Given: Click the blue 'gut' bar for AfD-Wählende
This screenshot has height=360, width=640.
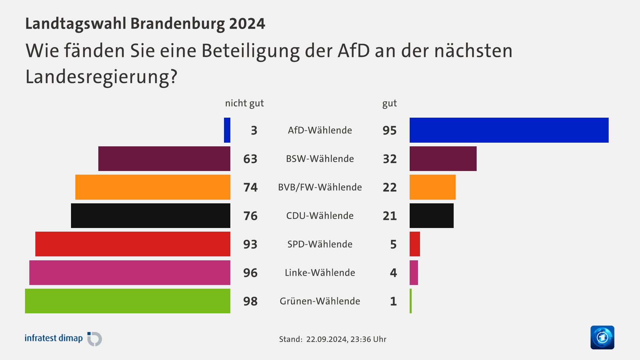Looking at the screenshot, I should (509, 130).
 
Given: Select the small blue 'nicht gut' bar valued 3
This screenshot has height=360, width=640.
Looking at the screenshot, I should (227, 130).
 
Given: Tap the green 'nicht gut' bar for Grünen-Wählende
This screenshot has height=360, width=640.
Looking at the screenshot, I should (128, 301).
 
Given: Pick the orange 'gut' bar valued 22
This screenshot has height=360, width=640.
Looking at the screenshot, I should (432, 187).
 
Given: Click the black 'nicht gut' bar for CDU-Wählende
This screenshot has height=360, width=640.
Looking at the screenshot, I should (151, 216).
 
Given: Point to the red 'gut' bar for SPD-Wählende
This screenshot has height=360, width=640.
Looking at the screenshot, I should (415, 244).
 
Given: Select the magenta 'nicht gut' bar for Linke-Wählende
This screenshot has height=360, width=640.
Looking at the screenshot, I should (130, 273).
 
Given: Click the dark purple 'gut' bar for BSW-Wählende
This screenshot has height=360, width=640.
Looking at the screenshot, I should (443, 159).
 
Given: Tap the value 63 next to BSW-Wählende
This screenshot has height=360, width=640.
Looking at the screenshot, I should (250, 159).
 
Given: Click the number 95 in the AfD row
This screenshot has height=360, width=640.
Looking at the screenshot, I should (389, 130).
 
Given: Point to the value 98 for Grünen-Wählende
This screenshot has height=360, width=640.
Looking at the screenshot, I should (250, 301).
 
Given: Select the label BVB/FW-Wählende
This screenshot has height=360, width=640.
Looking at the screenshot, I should (320, 187).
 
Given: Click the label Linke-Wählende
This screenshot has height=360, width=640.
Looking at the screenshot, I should (320, 273).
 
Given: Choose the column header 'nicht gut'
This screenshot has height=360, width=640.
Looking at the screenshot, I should (244, 103).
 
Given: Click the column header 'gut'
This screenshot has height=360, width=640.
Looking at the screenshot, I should (389, 104).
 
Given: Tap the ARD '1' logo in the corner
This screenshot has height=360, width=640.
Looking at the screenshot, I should (602, 337).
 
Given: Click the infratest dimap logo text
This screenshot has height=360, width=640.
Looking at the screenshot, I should (54, 338).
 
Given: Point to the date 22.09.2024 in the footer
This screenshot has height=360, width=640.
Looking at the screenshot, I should (326, 339).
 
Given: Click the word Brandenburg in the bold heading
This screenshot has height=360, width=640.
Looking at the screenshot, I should (177, 24).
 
